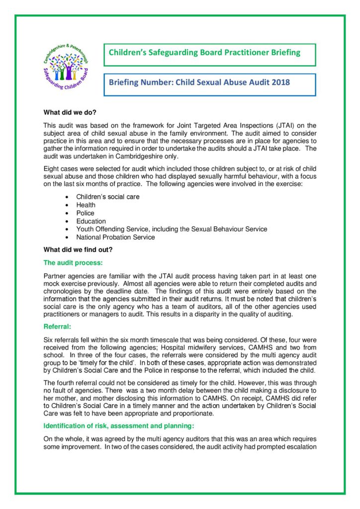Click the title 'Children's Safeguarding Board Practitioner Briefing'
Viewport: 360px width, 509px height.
pyautogui.click(x=204, y=53)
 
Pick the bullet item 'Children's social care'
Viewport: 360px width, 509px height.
pyautogui.click(x=107, y=197)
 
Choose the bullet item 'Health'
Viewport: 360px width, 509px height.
pyautogui.click(x=86, y=205)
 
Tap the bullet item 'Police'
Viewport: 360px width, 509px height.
pyautogui.click(x=85, y=213)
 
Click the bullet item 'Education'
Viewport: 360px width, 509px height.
pyautogui.click(x=90, y=221)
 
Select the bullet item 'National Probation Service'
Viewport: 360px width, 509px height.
pyautogui.click(x=115, y=237)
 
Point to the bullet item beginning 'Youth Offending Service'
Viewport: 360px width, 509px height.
pyautogui.click(x=172, y=229)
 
